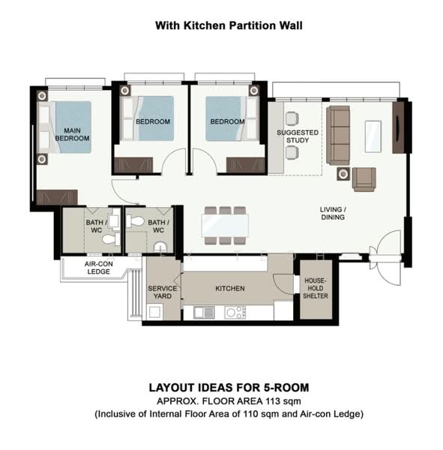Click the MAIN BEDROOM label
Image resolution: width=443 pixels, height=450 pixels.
(x=72, y=134)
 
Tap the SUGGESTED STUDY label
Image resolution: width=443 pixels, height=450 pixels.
(x=298, y=136)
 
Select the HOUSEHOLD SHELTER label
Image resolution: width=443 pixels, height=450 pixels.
(x=316, y=288)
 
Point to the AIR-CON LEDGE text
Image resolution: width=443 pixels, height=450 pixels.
(x=98, y=268)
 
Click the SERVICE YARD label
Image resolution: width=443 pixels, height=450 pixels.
(x=163, y=292)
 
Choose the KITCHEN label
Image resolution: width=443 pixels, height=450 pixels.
(x=230, y=289)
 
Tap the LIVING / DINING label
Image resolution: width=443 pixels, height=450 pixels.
(x=333, y=213)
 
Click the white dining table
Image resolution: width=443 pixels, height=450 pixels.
(x=225, y=225)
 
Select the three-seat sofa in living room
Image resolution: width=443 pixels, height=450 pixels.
(x=338, y=135)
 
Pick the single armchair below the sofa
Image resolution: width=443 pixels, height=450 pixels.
(x=364, y=179)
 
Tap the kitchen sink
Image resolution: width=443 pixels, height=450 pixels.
(x=204, y=313)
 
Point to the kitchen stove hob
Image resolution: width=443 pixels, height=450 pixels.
(x=235, y=313)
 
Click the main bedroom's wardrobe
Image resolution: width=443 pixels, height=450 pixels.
(x=57, y=196)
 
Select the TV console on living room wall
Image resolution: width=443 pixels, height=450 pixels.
(x=398, y=127)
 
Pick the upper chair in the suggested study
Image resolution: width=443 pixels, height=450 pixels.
(x=292, y=118)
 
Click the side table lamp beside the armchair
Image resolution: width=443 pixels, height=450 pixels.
(x=343, y=174)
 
